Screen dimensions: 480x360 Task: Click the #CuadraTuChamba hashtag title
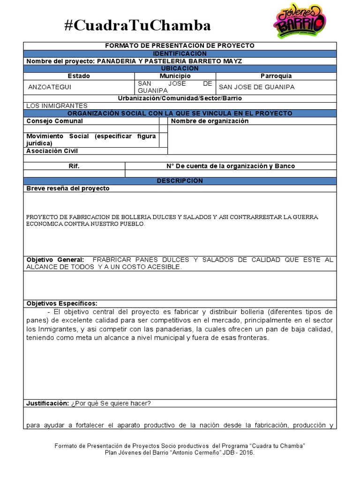click(137, 25)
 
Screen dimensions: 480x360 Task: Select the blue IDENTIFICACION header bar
click(180, 53)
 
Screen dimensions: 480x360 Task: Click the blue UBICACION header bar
click(180, 68)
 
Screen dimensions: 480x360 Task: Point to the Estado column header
click(79, 76)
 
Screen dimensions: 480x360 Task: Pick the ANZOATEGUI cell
click(50, 87)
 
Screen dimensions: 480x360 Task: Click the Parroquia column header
click(276, 76)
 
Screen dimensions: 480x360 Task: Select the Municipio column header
click(175, 76)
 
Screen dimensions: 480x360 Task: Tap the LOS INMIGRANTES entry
click(57, 106)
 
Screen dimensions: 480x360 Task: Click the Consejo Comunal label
click(54, 121)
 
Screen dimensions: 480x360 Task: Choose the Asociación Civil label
click(52, 151)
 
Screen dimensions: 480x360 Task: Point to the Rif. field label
click(74, 166)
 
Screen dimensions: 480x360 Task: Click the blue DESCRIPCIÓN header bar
click(180, 181)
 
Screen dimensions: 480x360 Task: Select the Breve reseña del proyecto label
click(67, 188)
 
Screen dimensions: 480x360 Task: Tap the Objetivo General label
click(55, 260)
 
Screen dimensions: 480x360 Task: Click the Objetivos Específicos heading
click(62, 304)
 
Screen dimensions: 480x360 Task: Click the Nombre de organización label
click(210, 121)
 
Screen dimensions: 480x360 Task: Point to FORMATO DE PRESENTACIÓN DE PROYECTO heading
click(180, 45)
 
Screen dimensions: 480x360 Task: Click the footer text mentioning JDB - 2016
click(180, 453)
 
